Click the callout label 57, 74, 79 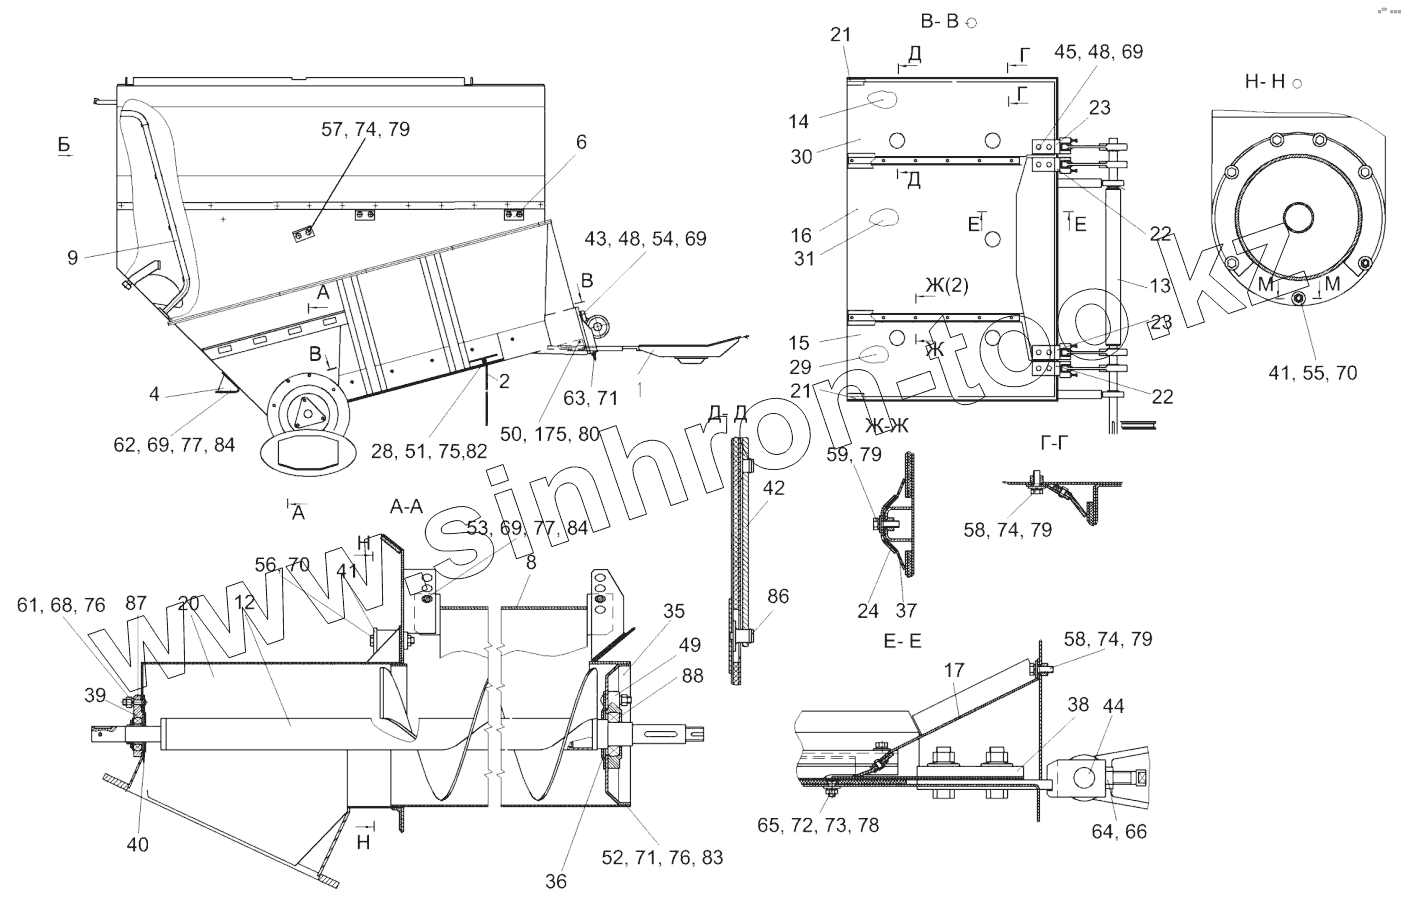coord(365,129)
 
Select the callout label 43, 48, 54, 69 coord(644,238)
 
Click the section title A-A coord(406,508)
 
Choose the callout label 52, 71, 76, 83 coord(677,857)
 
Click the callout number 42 coord(773,489)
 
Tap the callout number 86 coord(778,597)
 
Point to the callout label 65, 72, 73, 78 coord(819,826)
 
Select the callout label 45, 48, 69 coord(1098,52)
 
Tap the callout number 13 coord(1159,286)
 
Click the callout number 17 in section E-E coord(955,671)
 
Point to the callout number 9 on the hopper coord(72,257)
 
